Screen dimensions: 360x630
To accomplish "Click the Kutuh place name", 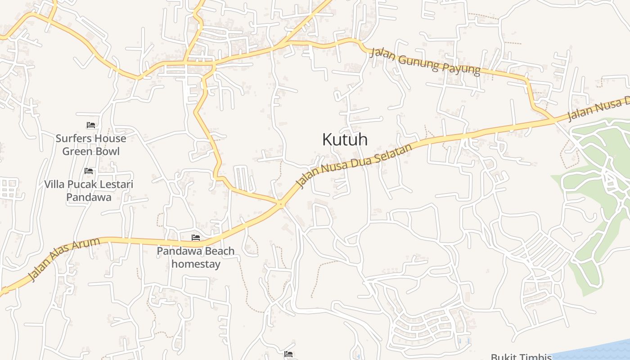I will [x=345, y=139].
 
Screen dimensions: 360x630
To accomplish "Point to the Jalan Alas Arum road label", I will [x=63, y=259].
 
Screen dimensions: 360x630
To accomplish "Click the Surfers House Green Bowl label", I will [x=91, y=144].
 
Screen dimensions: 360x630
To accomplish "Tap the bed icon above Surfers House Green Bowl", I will [x=91, y=125].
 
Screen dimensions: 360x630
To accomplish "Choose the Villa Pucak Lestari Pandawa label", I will [x=89, y=190].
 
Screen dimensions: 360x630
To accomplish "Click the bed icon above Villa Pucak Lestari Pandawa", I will [x=89, y=171].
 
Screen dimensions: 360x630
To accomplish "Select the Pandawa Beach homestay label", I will [x=196, y=257].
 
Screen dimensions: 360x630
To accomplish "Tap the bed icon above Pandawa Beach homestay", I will [x=196, y=238].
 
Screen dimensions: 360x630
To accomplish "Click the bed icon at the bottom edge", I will [x=288, y=355].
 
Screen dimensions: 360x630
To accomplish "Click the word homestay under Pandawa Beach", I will [x=196, y=264].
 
